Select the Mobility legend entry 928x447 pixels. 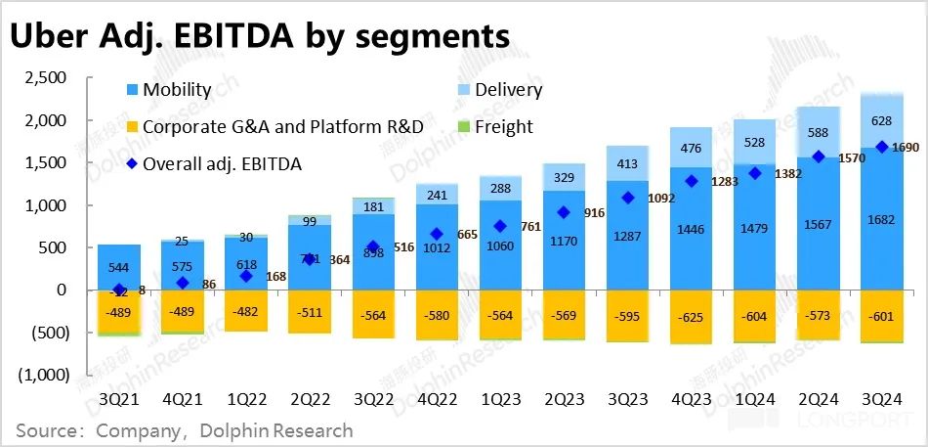(176, 90)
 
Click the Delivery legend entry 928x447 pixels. (508, 90)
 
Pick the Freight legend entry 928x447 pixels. (503, 126)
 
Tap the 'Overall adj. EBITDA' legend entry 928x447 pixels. (222, 164)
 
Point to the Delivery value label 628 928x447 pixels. (882, 119)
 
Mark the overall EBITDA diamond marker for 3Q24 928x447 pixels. (882, 147)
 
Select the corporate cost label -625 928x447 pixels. (691, 317)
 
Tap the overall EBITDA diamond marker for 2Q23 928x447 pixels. (564, 212)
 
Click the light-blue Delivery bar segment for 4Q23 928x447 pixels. (691, 148)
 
